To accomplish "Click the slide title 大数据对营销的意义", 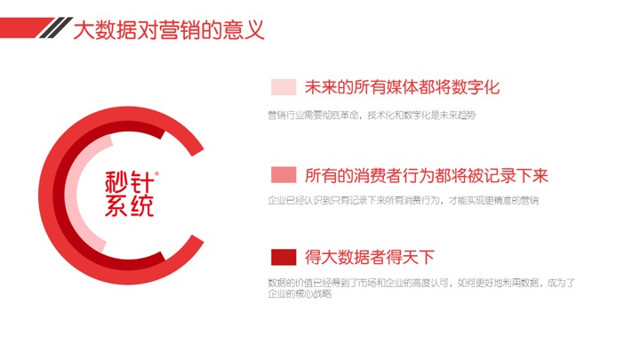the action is coord(169,30).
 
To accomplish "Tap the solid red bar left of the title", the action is coord(24,28).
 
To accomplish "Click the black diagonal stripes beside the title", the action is coord(56,28).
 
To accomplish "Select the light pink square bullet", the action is coord(284,87).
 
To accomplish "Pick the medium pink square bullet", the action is coord(284,175).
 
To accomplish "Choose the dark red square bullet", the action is coord(284,257).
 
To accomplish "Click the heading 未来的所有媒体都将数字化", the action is coord(402,87).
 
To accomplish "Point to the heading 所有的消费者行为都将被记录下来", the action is coord(426,175).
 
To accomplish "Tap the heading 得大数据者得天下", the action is coord(370,257).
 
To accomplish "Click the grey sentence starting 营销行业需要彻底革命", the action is coord(372,115).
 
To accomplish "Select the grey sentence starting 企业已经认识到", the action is coord(403,200).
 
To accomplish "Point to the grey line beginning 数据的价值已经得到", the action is coord(421,283).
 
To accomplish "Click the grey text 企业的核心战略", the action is coord(300,293).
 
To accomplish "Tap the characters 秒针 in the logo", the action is coord(130,181).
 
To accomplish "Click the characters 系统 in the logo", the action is coord(130,205).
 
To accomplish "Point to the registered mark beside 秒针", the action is coord(157,173).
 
